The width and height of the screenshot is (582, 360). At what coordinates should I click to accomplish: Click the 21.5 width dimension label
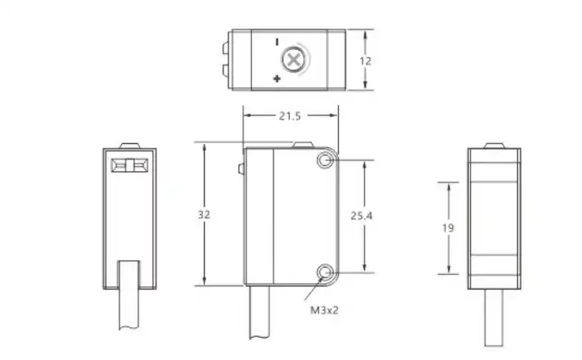[x=290, y=116]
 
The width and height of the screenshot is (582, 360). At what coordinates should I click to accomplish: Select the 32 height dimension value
[x=204, y=214]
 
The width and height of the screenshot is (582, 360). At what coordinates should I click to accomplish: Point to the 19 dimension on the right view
[x=447, y=228]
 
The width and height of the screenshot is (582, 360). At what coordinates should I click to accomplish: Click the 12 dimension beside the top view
[x=367, y=60]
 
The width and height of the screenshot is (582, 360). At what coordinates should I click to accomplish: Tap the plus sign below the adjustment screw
[x=277, y=79]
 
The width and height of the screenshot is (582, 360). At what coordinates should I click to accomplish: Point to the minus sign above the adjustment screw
[x=277, y=41]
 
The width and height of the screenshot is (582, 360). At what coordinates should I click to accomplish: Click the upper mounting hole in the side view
[x=326, y=160]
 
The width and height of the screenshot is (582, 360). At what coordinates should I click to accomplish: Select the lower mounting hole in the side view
[x=326, y=272]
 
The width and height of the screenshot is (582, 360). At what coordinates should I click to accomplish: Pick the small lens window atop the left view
[x=129, y=165]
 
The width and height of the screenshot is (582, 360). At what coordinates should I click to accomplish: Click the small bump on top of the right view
[x=493, y=146]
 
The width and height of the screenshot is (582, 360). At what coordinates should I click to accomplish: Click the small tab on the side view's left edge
[x=241, y=170]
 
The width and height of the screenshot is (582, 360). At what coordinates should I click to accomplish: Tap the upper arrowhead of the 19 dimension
[x=448, y=186]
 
